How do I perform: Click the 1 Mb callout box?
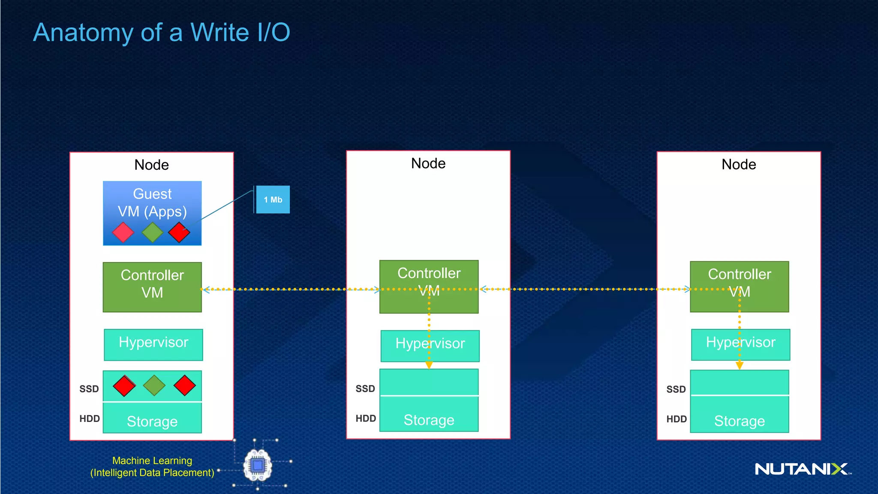pyautogui.click(x=273, y=199)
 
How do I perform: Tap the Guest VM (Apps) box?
pyautogui.click(x=152, y=202)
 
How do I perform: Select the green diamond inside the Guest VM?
pyautogui.click(x=153, y=232)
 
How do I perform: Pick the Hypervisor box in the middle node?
pyautogui.click(x=430, y=346)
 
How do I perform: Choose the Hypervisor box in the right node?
pyautogui.click(x=740, y=344)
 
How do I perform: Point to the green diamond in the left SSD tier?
pyautogui.click(x=154, y=385)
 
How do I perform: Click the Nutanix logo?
pyautogui.click(x=802, y=469)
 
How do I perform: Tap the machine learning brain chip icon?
pyautogui.click(x=258, y=465)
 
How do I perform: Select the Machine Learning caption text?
pyautogui.click(x=152, y=467)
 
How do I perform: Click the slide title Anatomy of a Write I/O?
pyautogui.click(x=162, y=32)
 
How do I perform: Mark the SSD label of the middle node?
pyautogui.click(x=365, y=389)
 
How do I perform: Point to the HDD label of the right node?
pyautogui.click(x=676, y=419)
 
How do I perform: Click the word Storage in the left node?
pyautogui.click(x=152, y=422)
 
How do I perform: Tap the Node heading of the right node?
pyautogui.click(x=739, y=164)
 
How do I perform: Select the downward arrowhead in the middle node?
pyautogui.click(x=429, y=365)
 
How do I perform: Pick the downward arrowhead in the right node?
pyautogui.click(x=740, y=365)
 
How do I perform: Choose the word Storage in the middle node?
pyautogui.click(x=429, y=420)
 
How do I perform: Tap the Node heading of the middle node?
pyautogui.click(x=428, y=163)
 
